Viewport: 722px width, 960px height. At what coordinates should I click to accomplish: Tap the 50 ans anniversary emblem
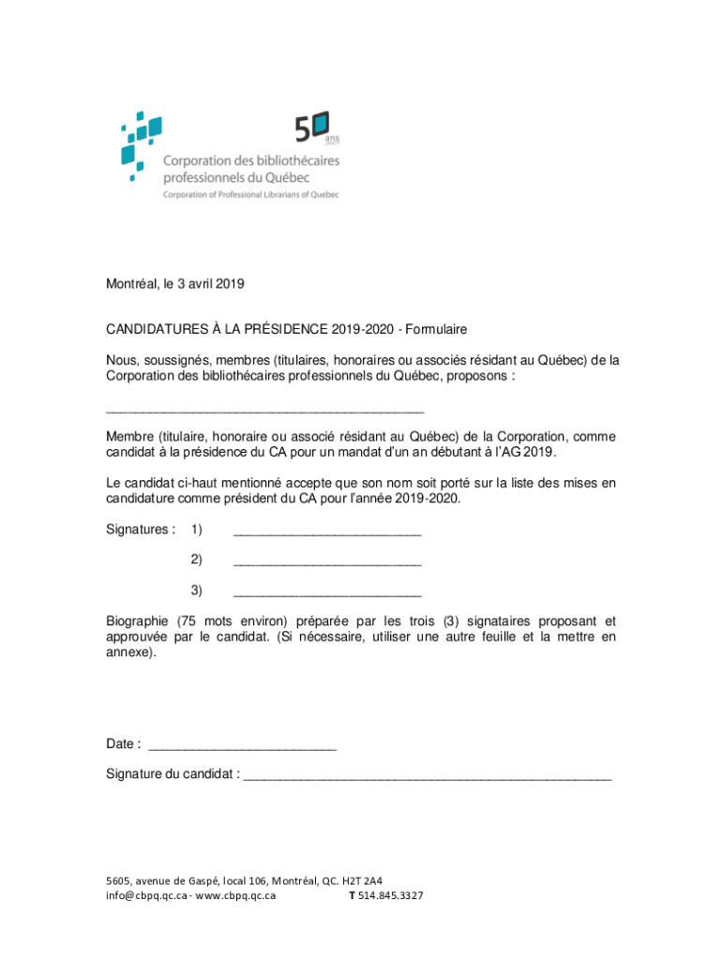(x=318, y=127)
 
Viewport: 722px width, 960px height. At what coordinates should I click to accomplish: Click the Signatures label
(x=140, y=530)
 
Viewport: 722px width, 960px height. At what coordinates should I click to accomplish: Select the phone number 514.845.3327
(x=390, y=895)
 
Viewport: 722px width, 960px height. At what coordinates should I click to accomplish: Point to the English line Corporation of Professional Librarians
(x=251, y=195)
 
